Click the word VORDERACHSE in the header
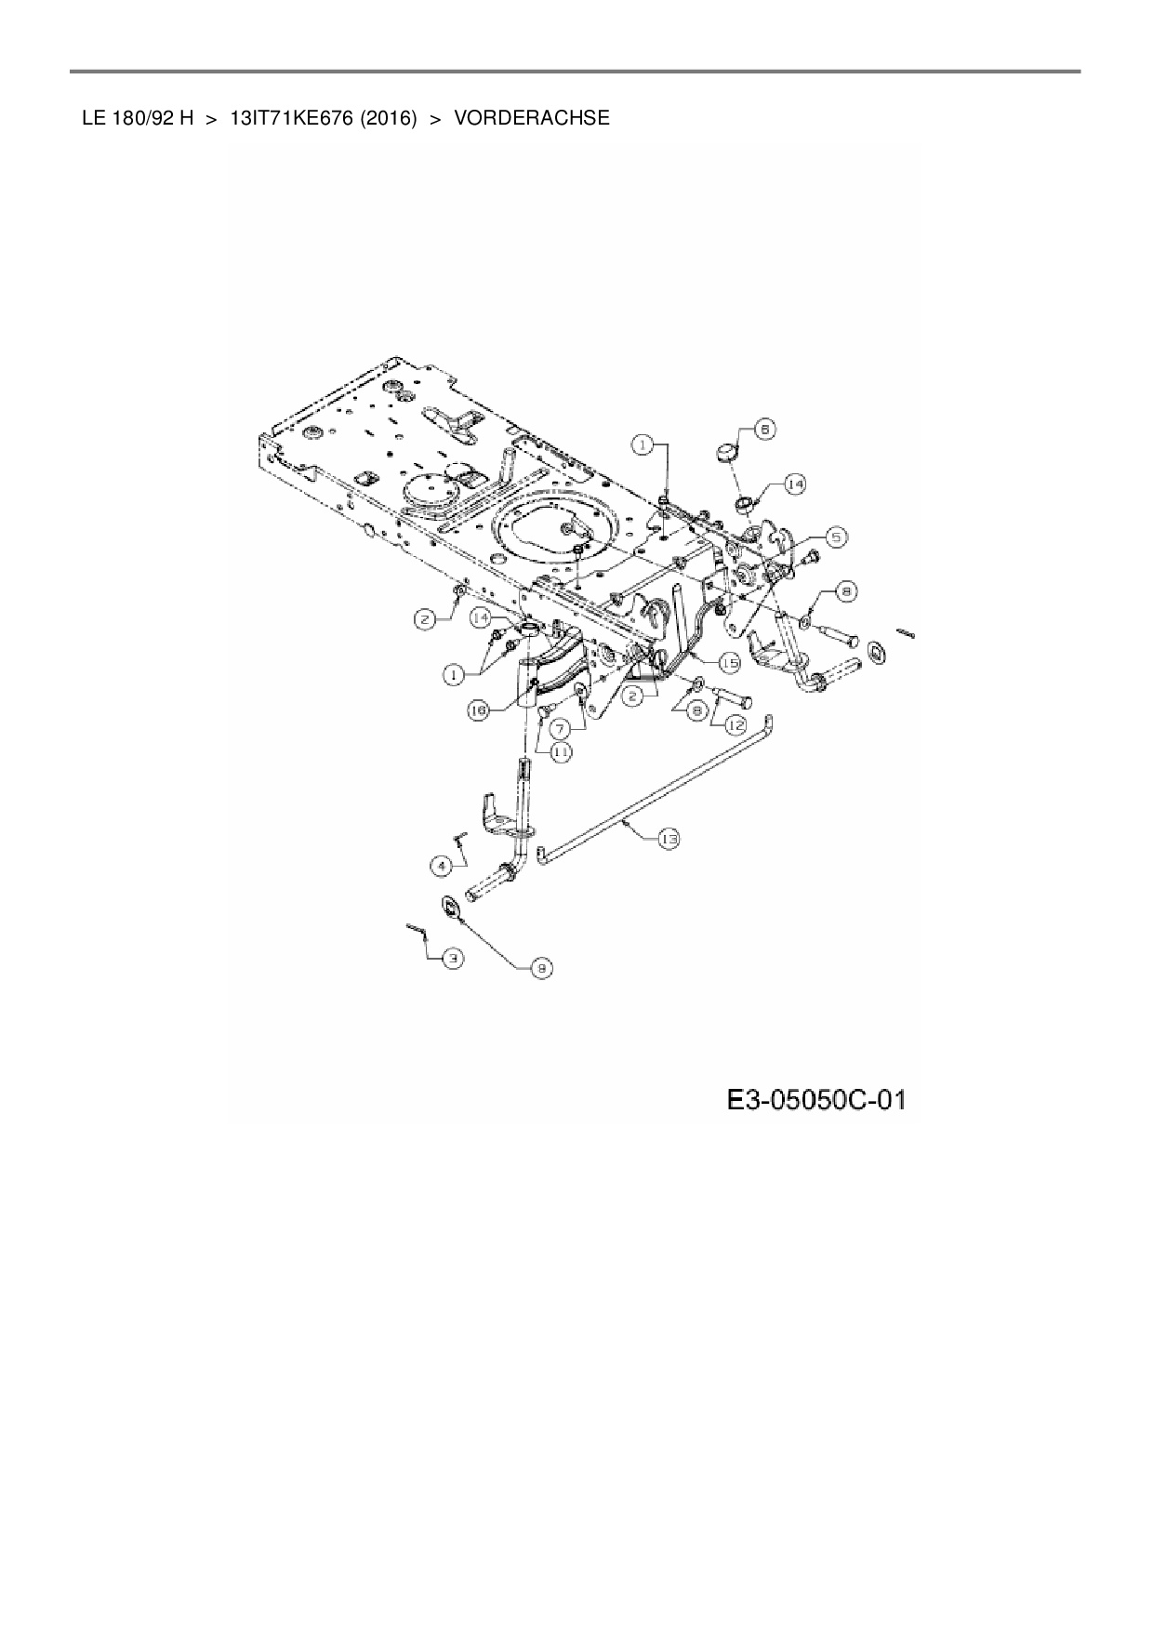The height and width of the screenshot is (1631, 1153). click(x=532, y=118)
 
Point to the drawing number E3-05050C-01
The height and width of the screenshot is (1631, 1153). click(x=815, y=1101)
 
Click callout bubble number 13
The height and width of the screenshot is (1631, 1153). click(x=668, y=839)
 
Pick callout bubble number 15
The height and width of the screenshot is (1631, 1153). click(x=728, y=662)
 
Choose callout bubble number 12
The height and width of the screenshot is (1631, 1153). click(x=736, y=723)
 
